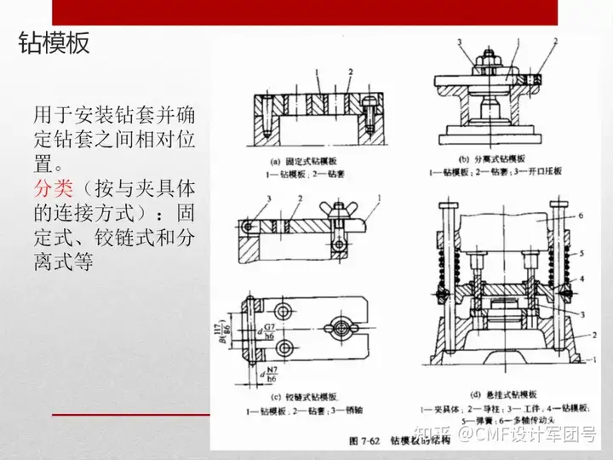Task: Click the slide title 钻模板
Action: click(54, 44)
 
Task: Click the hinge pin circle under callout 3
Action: click(248, 227)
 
